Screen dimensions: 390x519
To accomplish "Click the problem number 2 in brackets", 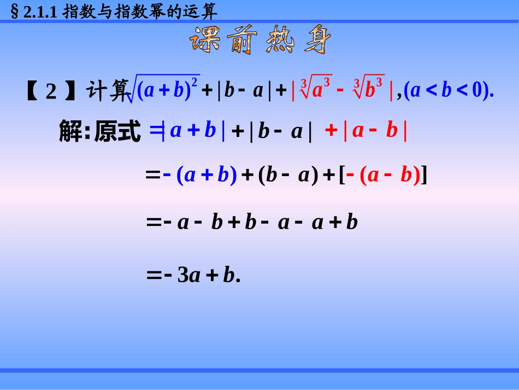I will pos(51,91).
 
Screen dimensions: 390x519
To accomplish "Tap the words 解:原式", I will pos(99,132).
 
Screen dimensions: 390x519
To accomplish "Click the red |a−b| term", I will pos(375,131).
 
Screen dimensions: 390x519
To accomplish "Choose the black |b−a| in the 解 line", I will pos(280,132).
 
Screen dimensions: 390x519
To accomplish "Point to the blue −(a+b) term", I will pos(199,175).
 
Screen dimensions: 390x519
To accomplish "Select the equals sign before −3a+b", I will pos(152,276).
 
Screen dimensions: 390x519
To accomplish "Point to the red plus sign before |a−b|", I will pos(331,131).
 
